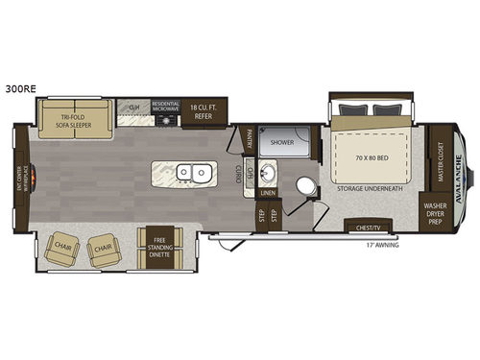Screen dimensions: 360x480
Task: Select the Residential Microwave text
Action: (165, 107)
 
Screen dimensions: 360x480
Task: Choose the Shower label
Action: (281, 142)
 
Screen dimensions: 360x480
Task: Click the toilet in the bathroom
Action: (306, 187)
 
